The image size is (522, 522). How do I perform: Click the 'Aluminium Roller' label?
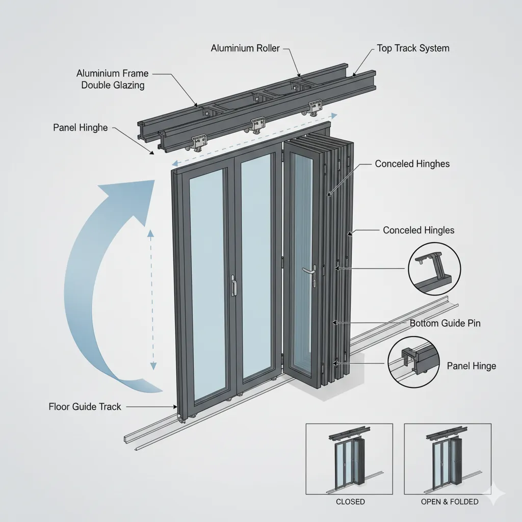(245, 48)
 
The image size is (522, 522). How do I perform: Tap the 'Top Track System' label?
(413, 48)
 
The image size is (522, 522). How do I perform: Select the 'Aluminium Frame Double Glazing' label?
(113, 80)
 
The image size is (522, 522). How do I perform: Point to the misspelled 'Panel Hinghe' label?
(80, 127)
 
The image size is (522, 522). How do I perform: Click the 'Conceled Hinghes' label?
(412, 164)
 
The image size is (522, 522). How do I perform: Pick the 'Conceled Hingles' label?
(418, 230)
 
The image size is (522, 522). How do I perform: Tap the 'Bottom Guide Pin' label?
(445, 323)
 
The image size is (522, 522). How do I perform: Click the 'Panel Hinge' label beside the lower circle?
(471, 366)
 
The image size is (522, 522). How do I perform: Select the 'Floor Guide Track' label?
(85, 406)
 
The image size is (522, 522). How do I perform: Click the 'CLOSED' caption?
(350, 502)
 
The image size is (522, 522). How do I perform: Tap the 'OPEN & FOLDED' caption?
(450, 502)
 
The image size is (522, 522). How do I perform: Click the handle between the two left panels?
(233, 285)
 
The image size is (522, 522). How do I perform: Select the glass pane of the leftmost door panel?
(207, 283)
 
